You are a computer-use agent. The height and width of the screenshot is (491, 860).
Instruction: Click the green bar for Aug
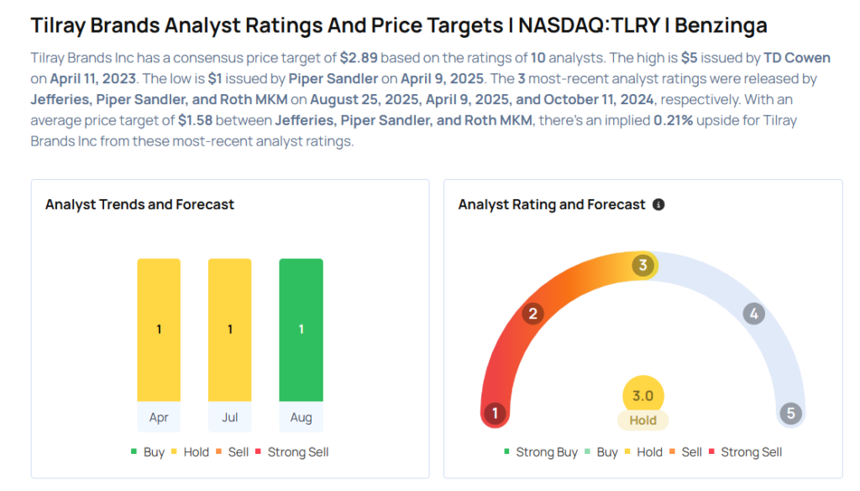coord(301,330)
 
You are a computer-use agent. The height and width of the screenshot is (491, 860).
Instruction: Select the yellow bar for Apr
coord(159,330)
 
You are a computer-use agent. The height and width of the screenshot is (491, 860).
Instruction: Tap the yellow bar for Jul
coord(229,330)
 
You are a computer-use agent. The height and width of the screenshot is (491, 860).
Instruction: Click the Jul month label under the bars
coord(229,417)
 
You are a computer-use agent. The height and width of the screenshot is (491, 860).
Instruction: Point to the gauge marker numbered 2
coord(532,314)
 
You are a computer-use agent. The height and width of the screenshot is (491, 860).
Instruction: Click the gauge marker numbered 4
coord(753,314)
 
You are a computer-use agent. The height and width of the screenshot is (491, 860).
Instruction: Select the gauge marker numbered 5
coord(789,414)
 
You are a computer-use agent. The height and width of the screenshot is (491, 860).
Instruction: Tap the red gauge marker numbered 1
coord(496,414)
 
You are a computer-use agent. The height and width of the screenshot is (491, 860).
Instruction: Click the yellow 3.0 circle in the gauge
coord(643,396)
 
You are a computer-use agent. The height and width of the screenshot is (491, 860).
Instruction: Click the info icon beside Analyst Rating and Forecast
coord(658,204)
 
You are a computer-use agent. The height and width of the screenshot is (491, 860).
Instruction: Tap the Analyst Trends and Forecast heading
coord(139,204)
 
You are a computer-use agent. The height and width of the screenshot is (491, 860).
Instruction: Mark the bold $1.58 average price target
coord(195,120)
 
